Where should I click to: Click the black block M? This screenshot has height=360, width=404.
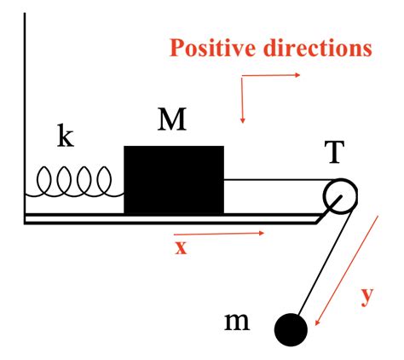174,180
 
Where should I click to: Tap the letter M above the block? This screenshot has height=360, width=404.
172,119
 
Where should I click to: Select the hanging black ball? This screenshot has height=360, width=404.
291,330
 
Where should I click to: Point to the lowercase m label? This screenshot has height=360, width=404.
237,322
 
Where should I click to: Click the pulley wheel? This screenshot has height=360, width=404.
340,196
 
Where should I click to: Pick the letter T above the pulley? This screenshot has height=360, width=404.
334,152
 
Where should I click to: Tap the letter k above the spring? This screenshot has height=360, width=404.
66,135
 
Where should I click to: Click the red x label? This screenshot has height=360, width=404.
181,247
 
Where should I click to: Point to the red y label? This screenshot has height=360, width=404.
367,297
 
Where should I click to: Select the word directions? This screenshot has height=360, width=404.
318,48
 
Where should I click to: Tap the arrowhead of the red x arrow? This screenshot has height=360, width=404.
262,233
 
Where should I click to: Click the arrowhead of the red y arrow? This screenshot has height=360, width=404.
317,322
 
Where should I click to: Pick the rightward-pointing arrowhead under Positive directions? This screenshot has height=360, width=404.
297,75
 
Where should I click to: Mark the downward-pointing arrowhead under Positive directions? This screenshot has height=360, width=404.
242,120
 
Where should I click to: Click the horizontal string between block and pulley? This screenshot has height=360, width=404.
280,180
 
